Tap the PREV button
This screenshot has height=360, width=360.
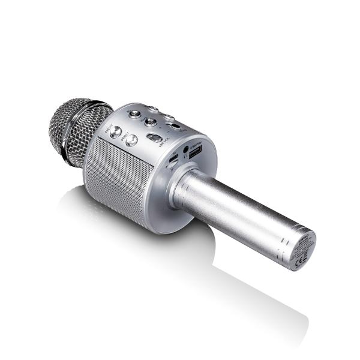(131, 140)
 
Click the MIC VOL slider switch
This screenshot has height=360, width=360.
(155, 139)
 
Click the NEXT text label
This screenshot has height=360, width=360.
(109, 128)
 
